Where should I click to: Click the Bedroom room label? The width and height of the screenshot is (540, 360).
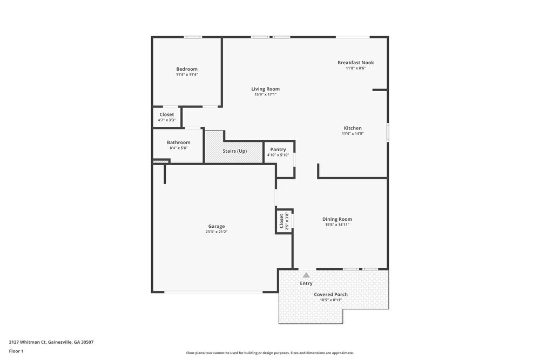point(187,69)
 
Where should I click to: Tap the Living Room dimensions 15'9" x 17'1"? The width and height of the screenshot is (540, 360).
point(265,94)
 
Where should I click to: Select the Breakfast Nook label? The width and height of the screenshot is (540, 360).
point(355,63)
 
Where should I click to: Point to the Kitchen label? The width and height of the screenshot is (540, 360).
point(353,128)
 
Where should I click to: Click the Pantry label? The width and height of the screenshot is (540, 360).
point(278,150)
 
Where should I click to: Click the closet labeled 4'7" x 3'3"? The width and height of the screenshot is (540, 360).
point(166,117)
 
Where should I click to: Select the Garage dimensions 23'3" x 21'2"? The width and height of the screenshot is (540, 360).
point(216,232)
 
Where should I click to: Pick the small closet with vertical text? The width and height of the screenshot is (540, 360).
point(284,221)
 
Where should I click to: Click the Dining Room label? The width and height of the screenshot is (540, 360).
point(337,219)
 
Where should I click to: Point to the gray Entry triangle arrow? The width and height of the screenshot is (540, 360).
point(306,275)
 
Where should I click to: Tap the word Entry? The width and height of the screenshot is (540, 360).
point(306,283)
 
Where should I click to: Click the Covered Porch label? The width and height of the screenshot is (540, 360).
point(330,294)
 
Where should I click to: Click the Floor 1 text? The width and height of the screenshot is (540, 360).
point(16,351)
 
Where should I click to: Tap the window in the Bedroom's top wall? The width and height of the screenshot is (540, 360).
point(193,37)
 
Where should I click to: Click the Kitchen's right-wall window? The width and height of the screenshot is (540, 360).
point(387,132)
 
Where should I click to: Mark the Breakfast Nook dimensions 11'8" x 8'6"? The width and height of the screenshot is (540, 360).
point(355,68)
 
